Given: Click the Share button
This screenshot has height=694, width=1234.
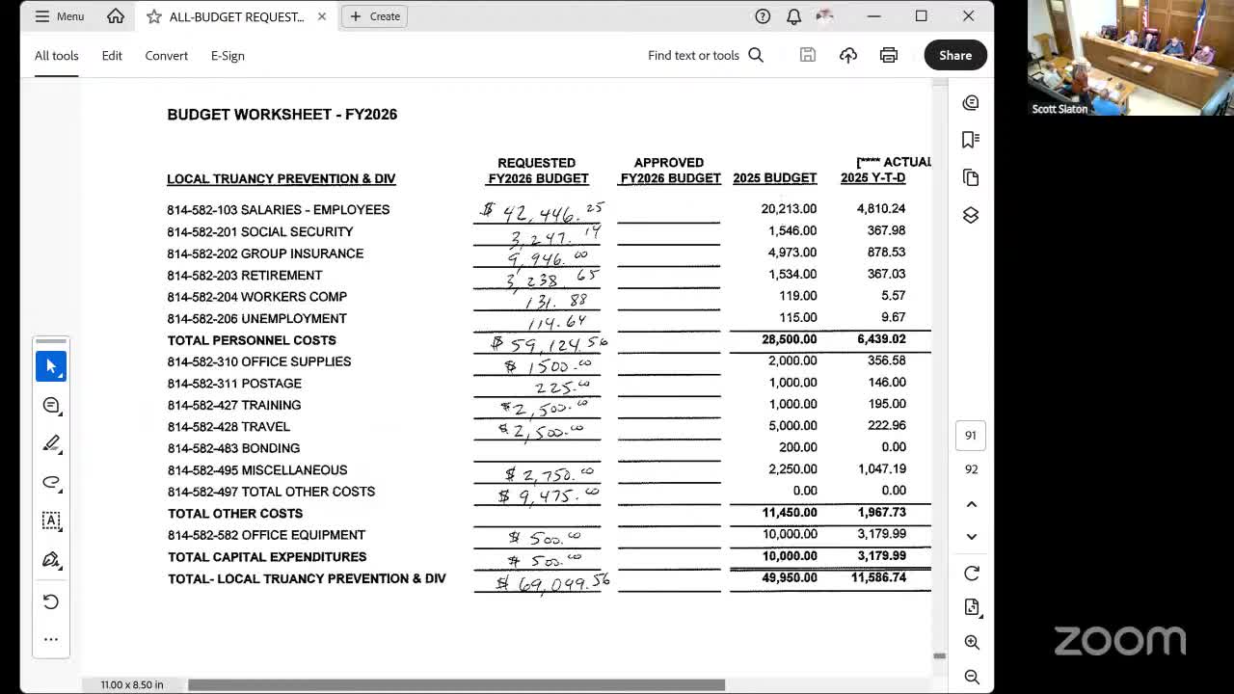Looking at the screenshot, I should (x=955, y=55).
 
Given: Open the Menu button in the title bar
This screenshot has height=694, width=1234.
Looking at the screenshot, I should (x=60, y=16).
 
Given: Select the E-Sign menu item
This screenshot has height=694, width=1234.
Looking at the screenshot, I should (x=228, y=55).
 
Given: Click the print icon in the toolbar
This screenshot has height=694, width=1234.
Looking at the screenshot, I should (x=889, y=55).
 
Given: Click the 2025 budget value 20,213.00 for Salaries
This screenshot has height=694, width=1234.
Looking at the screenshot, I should (x=789, y=208).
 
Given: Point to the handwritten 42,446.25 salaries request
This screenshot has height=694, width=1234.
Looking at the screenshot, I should (x=545, y=211).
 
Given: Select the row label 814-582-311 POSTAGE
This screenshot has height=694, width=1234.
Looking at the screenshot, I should (x=234, y=384).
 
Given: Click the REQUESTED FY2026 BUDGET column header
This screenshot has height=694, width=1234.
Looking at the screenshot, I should (x=537, y=171).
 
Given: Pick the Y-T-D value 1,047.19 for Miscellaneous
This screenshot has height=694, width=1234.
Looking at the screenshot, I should (x=881, y=469).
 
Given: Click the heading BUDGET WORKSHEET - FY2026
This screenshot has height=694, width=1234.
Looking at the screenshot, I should (x=282, y=115).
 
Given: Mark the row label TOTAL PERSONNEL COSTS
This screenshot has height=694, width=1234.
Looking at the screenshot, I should (x=252, y=340).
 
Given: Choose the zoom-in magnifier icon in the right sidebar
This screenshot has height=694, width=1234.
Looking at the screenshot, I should (x=972, y=643).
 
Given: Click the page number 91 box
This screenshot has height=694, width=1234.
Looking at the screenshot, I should (x=971, y=436).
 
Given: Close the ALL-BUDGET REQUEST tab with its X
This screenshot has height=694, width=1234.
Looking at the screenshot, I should (x=322, y=16).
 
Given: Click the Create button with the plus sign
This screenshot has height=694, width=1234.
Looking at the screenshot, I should (x=375, y=16).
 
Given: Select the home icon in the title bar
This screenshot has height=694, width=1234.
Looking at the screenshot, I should (x=116, y=16).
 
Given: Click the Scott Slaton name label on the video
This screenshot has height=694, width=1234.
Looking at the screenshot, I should (x=1060, y=109).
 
